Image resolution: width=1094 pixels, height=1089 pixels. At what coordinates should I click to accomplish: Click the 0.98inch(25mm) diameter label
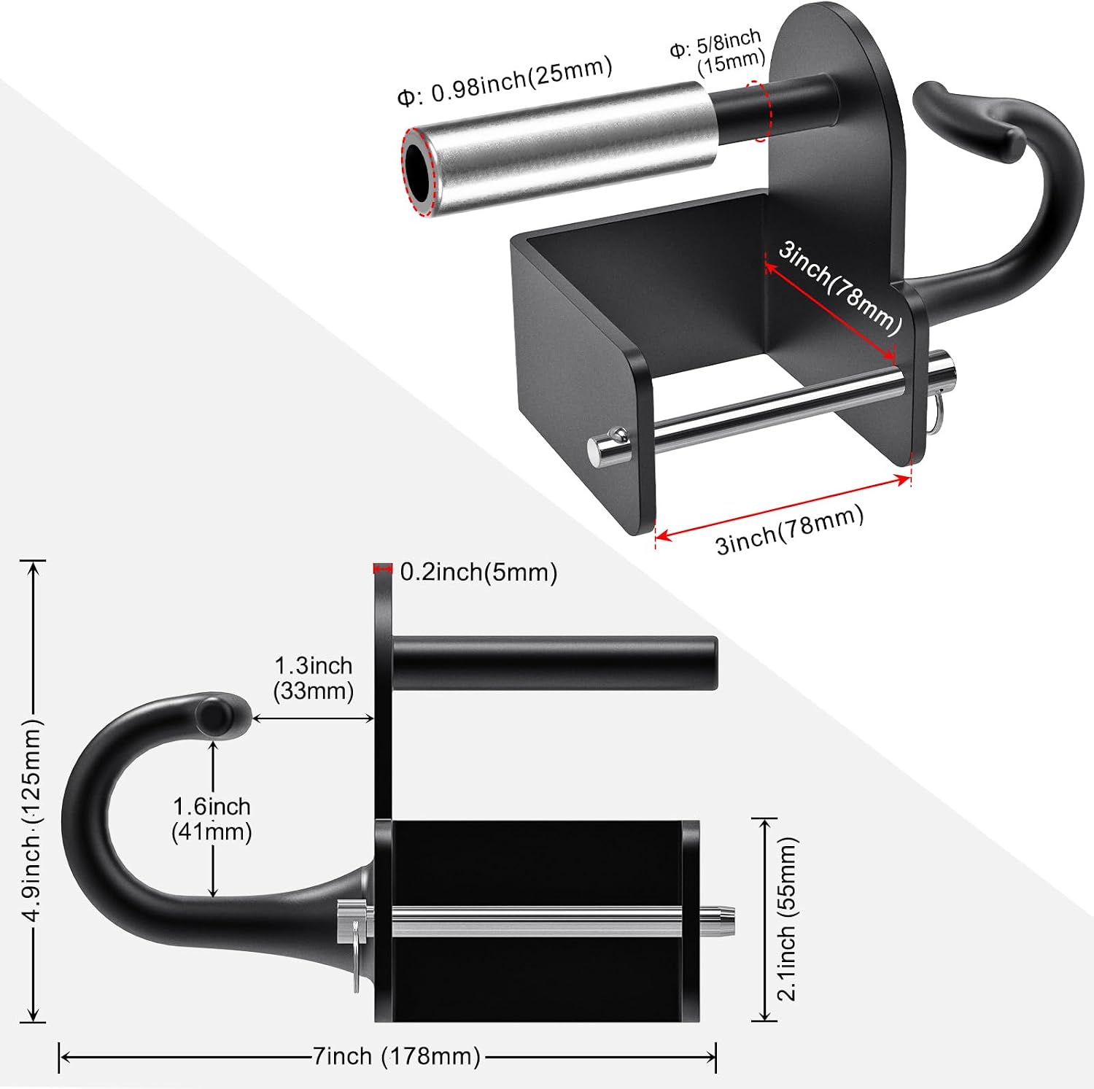[x=505, y=81]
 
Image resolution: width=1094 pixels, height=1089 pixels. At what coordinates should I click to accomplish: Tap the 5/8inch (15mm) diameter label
[x=718, y=52]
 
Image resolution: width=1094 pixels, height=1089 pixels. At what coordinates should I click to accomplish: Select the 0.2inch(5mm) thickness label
[x=478, y=572]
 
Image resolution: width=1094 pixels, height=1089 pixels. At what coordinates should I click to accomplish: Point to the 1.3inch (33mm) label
[x=314, y=678]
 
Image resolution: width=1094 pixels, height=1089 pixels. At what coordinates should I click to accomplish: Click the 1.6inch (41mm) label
[x=212, y=818]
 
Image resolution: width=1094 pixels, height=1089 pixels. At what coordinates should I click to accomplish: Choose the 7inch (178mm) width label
[x=397, y=1055]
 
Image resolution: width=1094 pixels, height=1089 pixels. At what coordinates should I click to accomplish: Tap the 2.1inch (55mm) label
[x=787, y=918]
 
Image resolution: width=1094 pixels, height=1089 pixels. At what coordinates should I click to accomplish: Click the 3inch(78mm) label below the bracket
[x=789, y=530]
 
